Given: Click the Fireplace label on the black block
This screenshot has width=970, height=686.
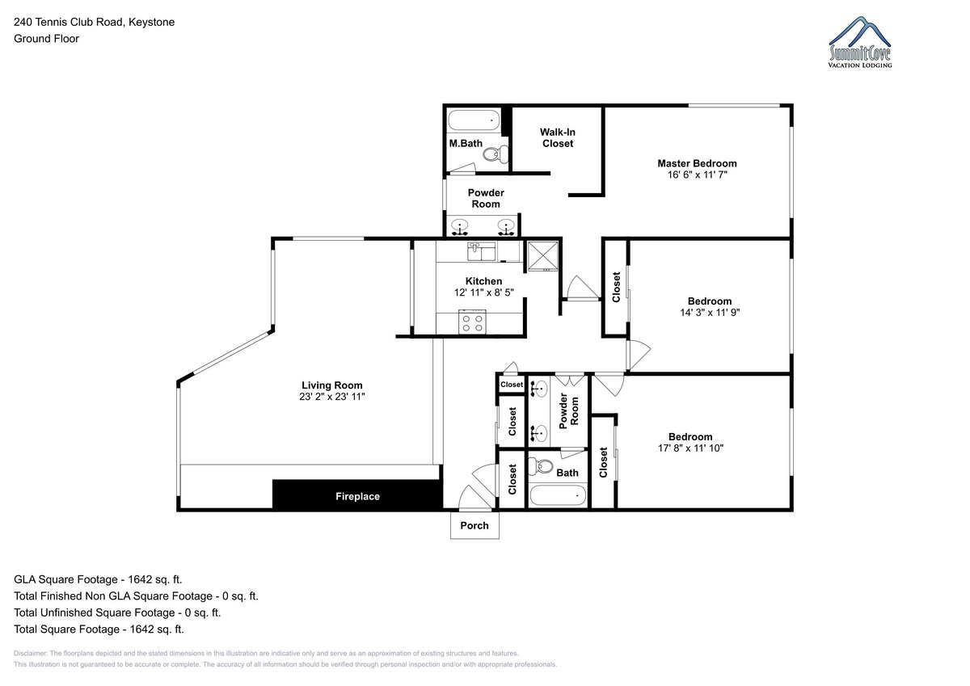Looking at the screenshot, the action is (357, 496).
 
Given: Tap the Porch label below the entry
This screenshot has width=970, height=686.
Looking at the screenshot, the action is (474, 525).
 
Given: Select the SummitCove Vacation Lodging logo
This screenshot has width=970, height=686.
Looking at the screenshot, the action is (859, 42).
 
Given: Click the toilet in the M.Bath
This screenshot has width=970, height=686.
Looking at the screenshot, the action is (496, 154).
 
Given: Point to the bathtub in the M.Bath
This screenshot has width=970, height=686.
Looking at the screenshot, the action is (474, 120).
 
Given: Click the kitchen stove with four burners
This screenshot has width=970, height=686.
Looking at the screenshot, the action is (472, 322).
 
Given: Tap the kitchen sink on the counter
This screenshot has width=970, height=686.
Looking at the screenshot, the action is (481, 251).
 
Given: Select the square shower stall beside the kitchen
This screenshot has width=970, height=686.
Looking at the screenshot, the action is (542, 256).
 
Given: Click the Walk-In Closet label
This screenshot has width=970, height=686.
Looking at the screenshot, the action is (557, 137).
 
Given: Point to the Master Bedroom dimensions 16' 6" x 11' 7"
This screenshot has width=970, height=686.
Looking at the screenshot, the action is (697, 175).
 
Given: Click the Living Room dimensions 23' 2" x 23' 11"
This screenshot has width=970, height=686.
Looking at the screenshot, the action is (332, 397).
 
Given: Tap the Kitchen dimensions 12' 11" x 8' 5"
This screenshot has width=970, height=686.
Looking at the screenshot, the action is (483, 292).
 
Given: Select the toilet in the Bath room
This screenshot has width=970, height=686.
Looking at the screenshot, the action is (542, 467).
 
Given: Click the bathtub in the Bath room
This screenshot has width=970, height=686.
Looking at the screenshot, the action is (558, 495).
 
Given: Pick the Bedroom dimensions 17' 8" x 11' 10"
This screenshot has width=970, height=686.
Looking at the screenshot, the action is (690, 448).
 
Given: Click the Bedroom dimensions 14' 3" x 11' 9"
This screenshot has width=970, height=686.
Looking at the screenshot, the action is (710, 312).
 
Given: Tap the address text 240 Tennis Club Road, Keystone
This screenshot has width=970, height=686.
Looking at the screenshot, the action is (95, 22).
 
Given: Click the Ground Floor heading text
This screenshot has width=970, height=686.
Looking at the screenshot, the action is (46, 39).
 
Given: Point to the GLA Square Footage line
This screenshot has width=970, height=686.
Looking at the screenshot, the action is (98, 579).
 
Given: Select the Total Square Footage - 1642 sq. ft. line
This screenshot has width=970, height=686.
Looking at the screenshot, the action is (99, 629).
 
